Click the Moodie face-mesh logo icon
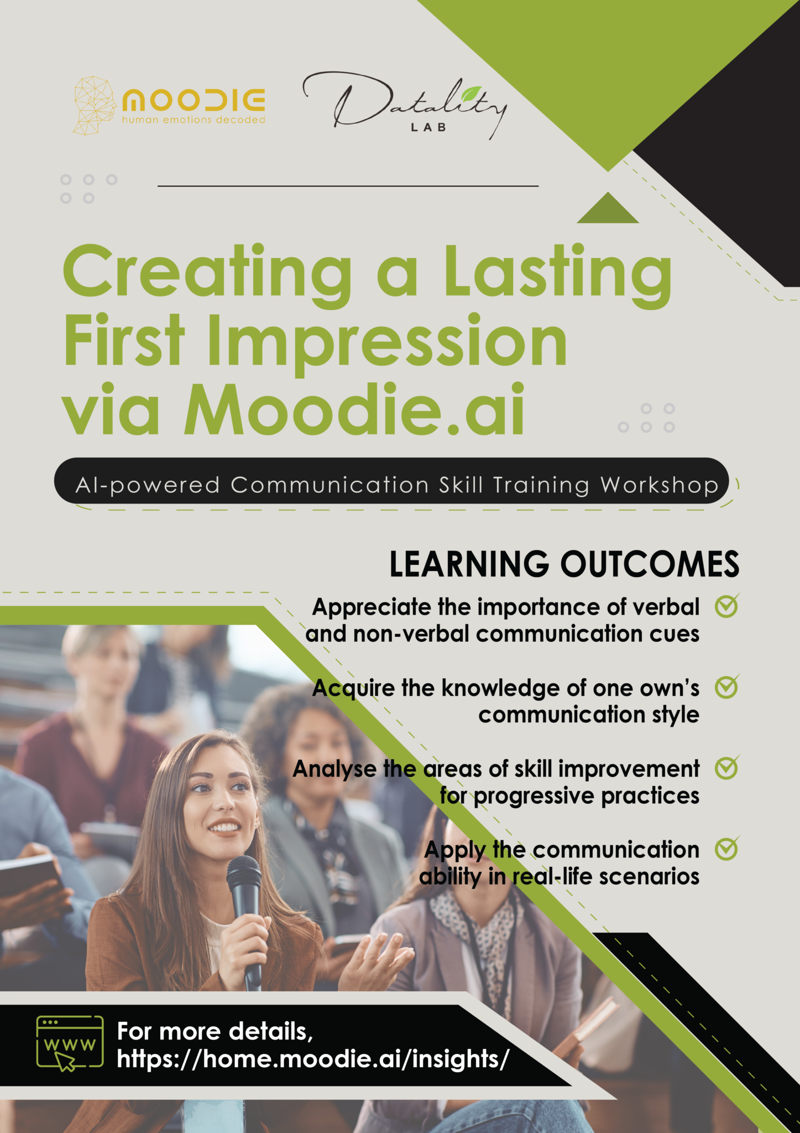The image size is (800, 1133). pos(93,106)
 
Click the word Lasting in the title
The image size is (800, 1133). pos(558,274)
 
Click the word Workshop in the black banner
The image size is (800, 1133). pos(659,486)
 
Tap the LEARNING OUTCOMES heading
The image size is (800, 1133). pos(564,565)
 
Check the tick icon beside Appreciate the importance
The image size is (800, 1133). pos(726,607)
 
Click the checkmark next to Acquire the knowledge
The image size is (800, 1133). pos(726,687)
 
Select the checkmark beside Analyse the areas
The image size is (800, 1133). pos(726,768)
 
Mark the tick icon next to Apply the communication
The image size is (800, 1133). pos(726,849)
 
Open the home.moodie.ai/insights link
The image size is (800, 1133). pos(312,1059)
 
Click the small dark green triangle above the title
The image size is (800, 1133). pos(608,210)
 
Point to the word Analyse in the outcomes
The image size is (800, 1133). pos(334,769)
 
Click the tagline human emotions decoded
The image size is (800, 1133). pos(194,119)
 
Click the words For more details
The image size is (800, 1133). pos(215,1031)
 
